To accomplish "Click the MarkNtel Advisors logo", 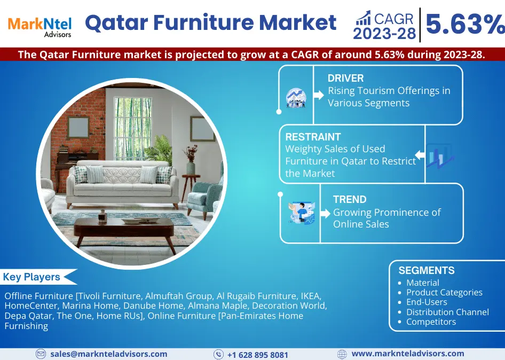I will pos(39,26).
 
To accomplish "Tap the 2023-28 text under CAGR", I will pos(384,34).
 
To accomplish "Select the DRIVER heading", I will pos(345,78).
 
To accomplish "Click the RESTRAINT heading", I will pos(313,137).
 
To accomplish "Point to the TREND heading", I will pos(350,199).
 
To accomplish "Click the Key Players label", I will pos(31,277).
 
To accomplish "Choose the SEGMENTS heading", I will pos(427,270).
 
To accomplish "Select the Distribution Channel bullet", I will pos(447,312).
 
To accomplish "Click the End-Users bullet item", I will pos(427,302).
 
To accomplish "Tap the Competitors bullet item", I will pos(431,322).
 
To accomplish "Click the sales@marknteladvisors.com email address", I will pos(108,354).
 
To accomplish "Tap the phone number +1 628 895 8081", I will pos(257,355).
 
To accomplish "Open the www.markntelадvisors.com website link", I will pos(407,354).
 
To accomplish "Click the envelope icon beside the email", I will pos(41,354).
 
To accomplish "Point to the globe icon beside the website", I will pos(342,354).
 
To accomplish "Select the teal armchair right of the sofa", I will pos(206,195).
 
